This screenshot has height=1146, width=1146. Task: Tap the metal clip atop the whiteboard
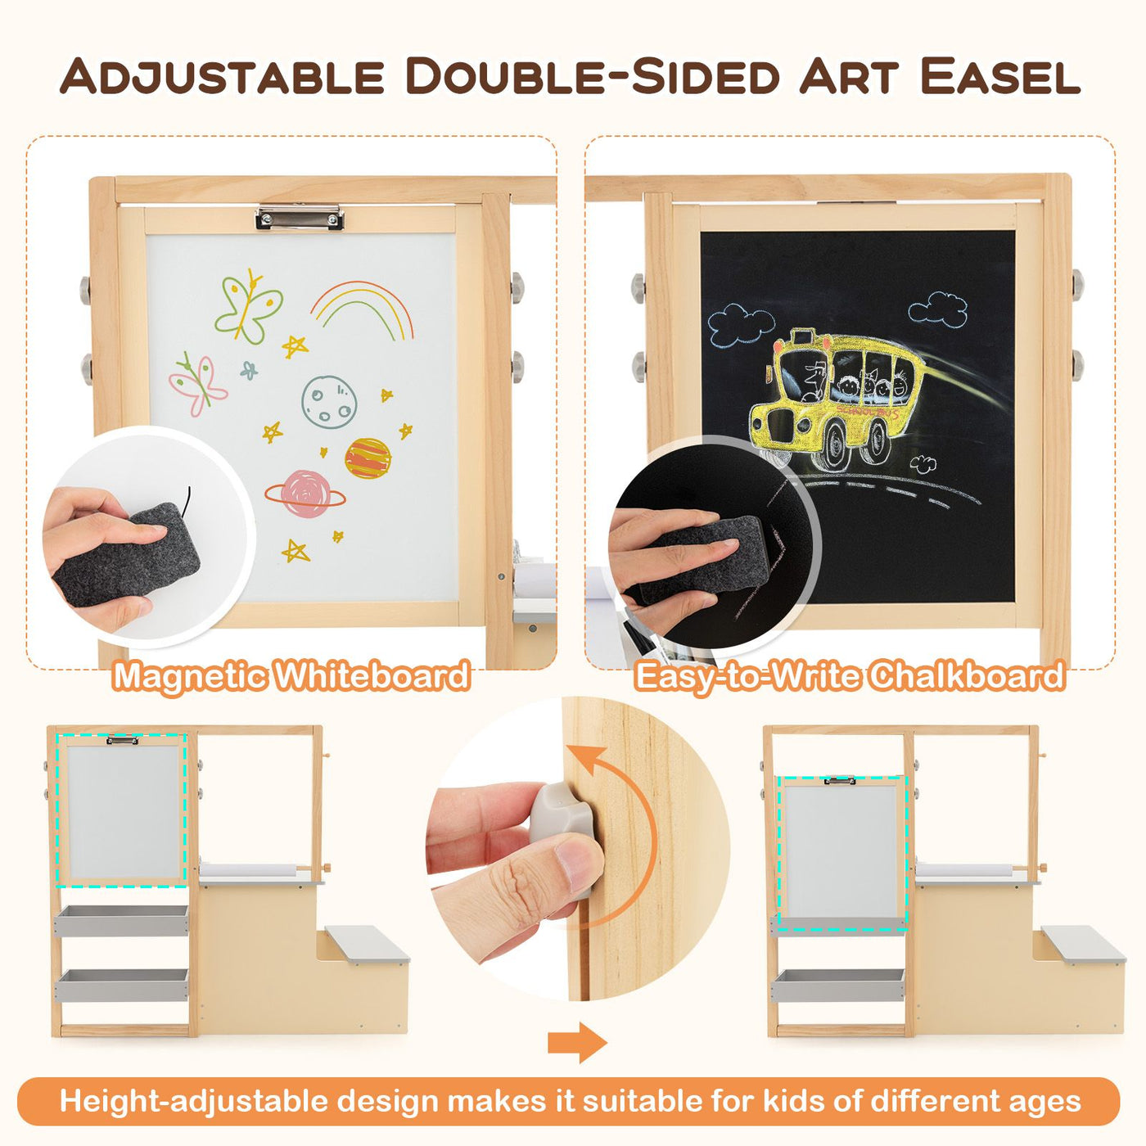(x=299, y=217)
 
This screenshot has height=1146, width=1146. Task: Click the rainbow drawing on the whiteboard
(x=363, y=308)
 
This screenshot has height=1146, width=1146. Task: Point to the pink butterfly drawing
(x=196, y=382)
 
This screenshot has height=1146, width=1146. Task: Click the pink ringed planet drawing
(x=305, y=494)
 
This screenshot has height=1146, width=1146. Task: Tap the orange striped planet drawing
(x=368, y=458)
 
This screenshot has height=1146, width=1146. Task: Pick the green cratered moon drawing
(x=328, y=401)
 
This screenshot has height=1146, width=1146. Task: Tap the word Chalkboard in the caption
(x=966, y=676)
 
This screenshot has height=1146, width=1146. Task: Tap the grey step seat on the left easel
(x=366, y=944)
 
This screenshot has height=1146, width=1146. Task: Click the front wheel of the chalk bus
(x=833, y=447)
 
